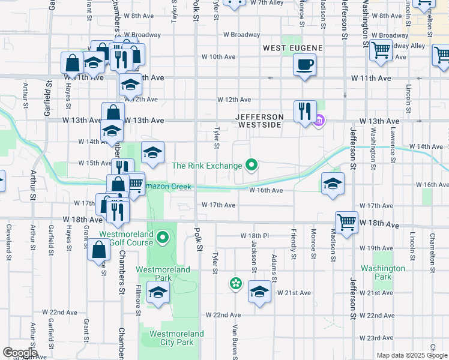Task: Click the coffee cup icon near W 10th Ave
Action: point(305,64)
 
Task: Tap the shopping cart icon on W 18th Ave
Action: point(347,222)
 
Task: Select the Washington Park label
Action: point(382,273)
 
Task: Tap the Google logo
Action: point(20,352)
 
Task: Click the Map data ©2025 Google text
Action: point(412,355)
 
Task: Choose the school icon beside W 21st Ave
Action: point(259,292)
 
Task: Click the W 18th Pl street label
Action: point(255,236)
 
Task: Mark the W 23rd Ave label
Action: point(380,338)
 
